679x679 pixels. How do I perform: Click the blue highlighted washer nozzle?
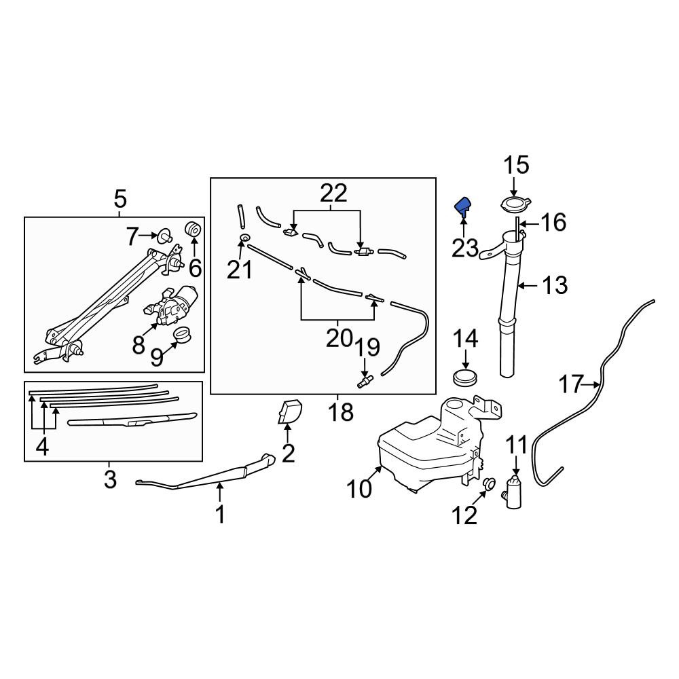coord(462,205)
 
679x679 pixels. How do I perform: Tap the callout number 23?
coord(465,249)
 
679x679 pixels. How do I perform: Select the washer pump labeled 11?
coord(513,491)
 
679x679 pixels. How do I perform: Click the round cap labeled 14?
coord(466,376)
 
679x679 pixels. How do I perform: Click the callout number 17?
coord(572,384)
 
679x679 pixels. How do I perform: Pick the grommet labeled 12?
coord(489,483)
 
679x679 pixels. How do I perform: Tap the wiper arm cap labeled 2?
coord(290,411)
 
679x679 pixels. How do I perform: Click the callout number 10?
coord(359,488)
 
